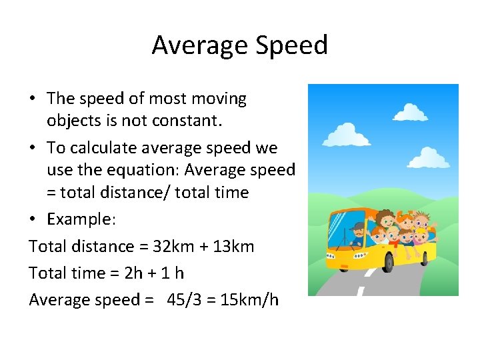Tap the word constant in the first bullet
(210, 121)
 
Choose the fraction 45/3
(185, 300)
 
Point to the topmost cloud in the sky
(410, 112)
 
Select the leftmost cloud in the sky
(346, 134)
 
